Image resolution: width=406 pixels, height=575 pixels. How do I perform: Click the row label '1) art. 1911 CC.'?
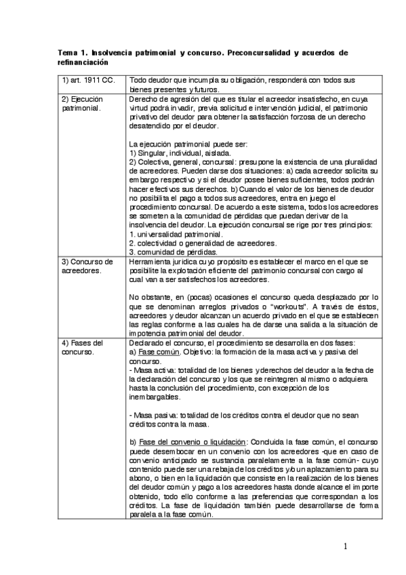pos(85,80)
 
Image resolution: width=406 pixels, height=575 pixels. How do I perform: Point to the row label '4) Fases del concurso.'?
pos(83,347)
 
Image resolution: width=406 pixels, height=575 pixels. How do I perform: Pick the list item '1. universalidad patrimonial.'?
pos(176,234)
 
